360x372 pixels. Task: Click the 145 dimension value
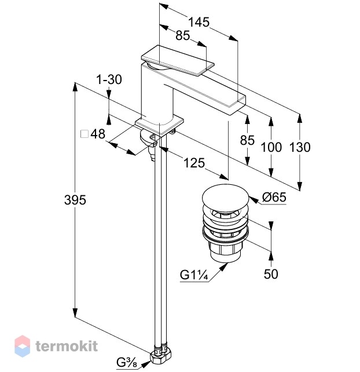(x=199, y=22)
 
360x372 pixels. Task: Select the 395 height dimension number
(x=75, y=200)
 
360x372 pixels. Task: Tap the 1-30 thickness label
(x=109, y=79)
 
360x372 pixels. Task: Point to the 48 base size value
(x=98, y=134)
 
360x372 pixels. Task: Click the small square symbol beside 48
(x=85, y=134)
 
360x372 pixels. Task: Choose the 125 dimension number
(x=194, y=163)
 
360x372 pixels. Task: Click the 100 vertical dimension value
(x=271, y=147)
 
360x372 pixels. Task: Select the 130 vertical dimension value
(x=300, y=147)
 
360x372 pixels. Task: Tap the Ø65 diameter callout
(x=274, y=197)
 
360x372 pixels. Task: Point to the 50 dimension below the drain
(x=271, y=274)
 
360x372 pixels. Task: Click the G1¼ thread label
(x=194, y=275)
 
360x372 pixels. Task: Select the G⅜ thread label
(x=127, y=363)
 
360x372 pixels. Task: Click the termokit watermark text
(x=67, y=346)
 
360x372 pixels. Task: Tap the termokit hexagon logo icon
(x=22, y=346)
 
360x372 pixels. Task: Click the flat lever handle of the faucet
(x=178, y=60)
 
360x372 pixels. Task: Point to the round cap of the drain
(x=225, y=196)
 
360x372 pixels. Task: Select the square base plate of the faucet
(x=160, y=125)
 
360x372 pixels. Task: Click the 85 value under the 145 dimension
(x=183, y=35)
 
